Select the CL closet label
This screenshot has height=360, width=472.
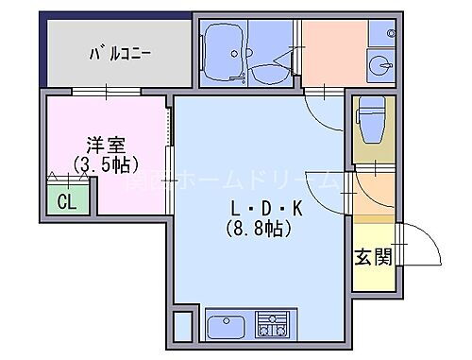66,201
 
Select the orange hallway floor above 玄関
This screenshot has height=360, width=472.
370,198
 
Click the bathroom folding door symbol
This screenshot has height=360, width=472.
275,76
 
